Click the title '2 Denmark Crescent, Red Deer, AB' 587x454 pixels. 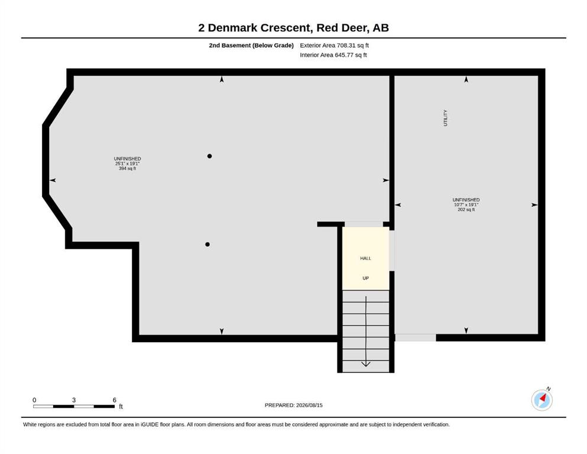point(293,28)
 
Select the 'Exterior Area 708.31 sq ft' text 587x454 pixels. point(335,46)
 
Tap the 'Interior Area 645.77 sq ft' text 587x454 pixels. point(333,55)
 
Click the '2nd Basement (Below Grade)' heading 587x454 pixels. point(251,46)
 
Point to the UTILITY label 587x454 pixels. point(446,118)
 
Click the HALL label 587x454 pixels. point(366,258)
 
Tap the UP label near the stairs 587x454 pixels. point(366,278)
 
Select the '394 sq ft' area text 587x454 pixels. point(127,168)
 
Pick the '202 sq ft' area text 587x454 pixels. point(466,210)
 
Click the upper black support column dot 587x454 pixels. point(210,156)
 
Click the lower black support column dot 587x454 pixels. point(207,244)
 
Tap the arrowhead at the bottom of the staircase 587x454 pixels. point(366,364)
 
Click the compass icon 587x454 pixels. point(541,400)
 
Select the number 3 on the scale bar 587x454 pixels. point(74,400)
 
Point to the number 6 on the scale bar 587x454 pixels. point(115,400)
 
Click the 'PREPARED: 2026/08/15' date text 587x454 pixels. point(293,405)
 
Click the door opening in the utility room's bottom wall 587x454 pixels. point(416,338)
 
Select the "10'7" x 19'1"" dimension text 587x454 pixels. point(466,205)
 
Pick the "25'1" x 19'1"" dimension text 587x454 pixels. point(127,164)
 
